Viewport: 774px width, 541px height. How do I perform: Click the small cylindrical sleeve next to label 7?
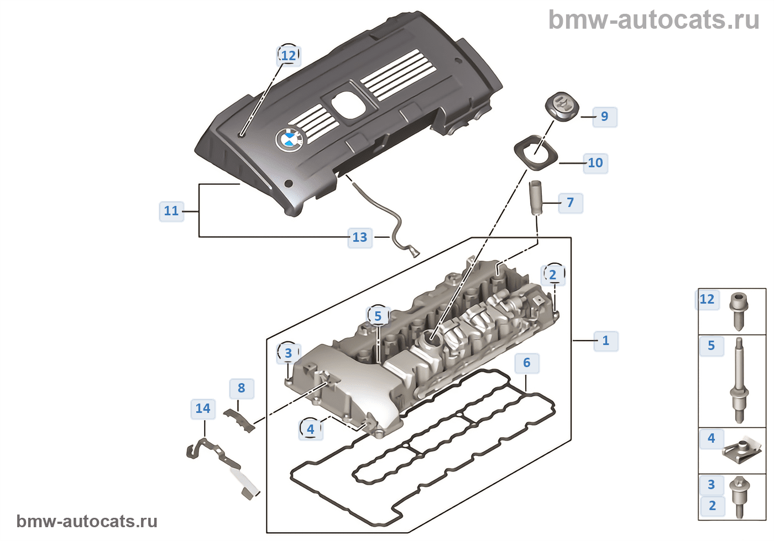[x=536, y=198]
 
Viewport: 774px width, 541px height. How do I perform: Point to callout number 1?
[x=605, y=341]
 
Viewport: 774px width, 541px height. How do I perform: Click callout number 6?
[x=526, y=363]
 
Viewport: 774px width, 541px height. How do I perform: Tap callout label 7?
[x=570, y=203]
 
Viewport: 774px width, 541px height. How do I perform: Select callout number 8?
[x=241, y=388]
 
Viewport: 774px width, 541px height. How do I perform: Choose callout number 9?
[x=604, y=116]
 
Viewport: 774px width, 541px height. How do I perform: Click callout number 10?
[x=595, y=163]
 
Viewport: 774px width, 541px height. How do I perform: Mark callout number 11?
[x=171, y=211]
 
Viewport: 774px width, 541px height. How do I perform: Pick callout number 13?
[x=360, y=237]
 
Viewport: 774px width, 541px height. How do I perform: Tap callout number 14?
[x=203, y=409]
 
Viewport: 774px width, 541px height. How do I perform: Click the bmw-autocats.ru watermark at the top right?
[x=653, y=20]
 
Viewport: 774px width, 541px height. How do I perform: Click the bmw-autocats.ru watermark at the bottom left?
[x=87, y=521]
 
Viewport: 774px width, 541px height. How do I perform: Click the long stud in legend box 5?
[x=739, y=381]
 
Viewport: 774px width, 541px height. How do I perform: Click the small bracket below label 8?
[x=239, y=420]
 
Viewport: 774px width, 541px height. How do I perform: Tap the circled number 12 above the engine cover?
[x=288, y=55]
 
